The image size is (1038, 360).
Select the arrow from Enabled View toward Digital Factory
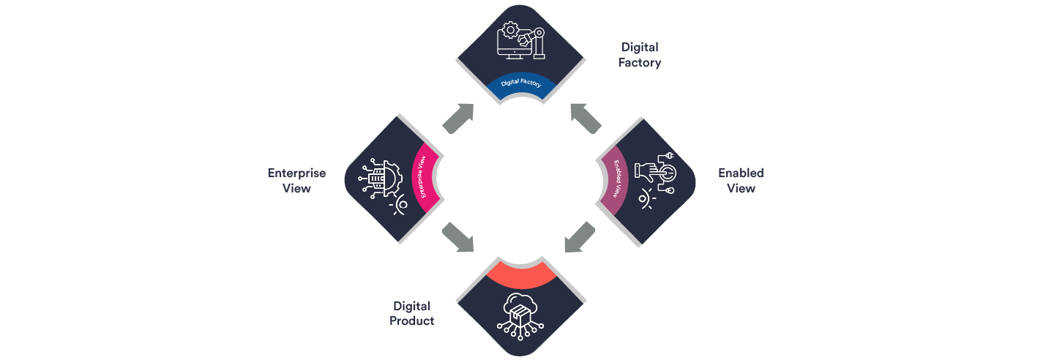tap(586, 118)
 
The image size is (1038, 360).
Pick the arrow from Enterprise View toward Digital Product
tap(458, 238)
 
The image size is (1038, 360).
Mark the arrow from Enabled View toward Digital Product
tap(581, 238)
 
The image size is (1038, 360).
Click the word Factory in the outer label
tap(639, 63)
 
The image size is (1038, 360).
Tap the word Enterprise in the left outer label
tap(296, 173)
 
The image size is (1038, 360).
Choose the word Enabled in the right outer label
tap(740, 173)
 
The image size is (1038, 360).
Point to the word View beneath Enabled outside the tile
tap(741, 188)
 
